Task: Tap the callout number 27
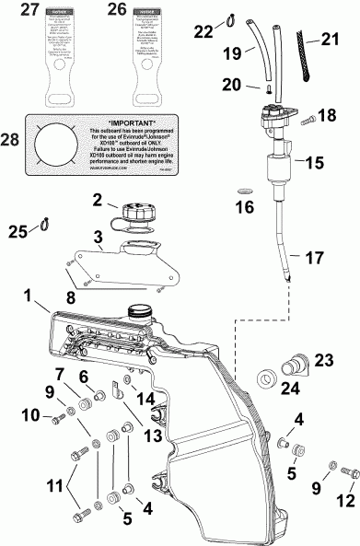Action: pyautogui.click(x=31, y=10)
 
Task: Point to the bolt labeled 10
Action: pyautogui.click(x=57, y=418)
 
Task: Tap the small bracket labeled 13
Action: pyautogui.click(x=119, y=390)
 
